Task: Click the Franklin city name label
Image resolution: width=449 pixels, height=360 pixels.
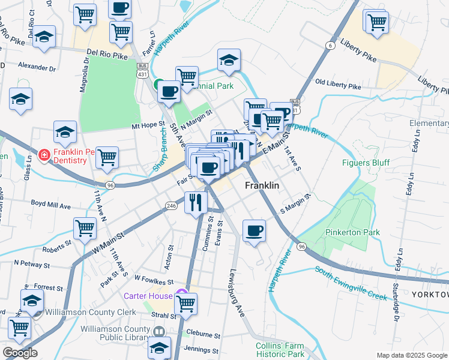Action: [262, 186]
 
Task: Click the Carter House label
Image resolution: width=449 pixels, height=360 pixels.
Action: [148, 295]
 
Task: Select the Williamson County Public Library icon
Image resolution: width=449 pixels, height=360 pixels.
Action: [159, 332]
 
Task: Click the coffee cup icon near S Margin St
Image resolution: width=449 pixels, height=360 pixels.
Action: [255, 230]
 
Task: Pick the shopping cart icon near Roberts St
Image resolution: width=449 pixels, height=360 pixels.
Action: [85, 229]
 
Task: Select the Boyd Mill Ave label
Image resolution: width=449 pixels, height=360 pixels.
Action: [51, 206]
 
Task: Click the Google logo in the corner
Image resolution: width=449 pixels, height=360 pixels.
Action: [20, 353]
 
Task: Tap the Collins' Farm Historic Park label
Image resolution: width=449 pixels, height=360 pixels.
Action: [280, 349]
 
